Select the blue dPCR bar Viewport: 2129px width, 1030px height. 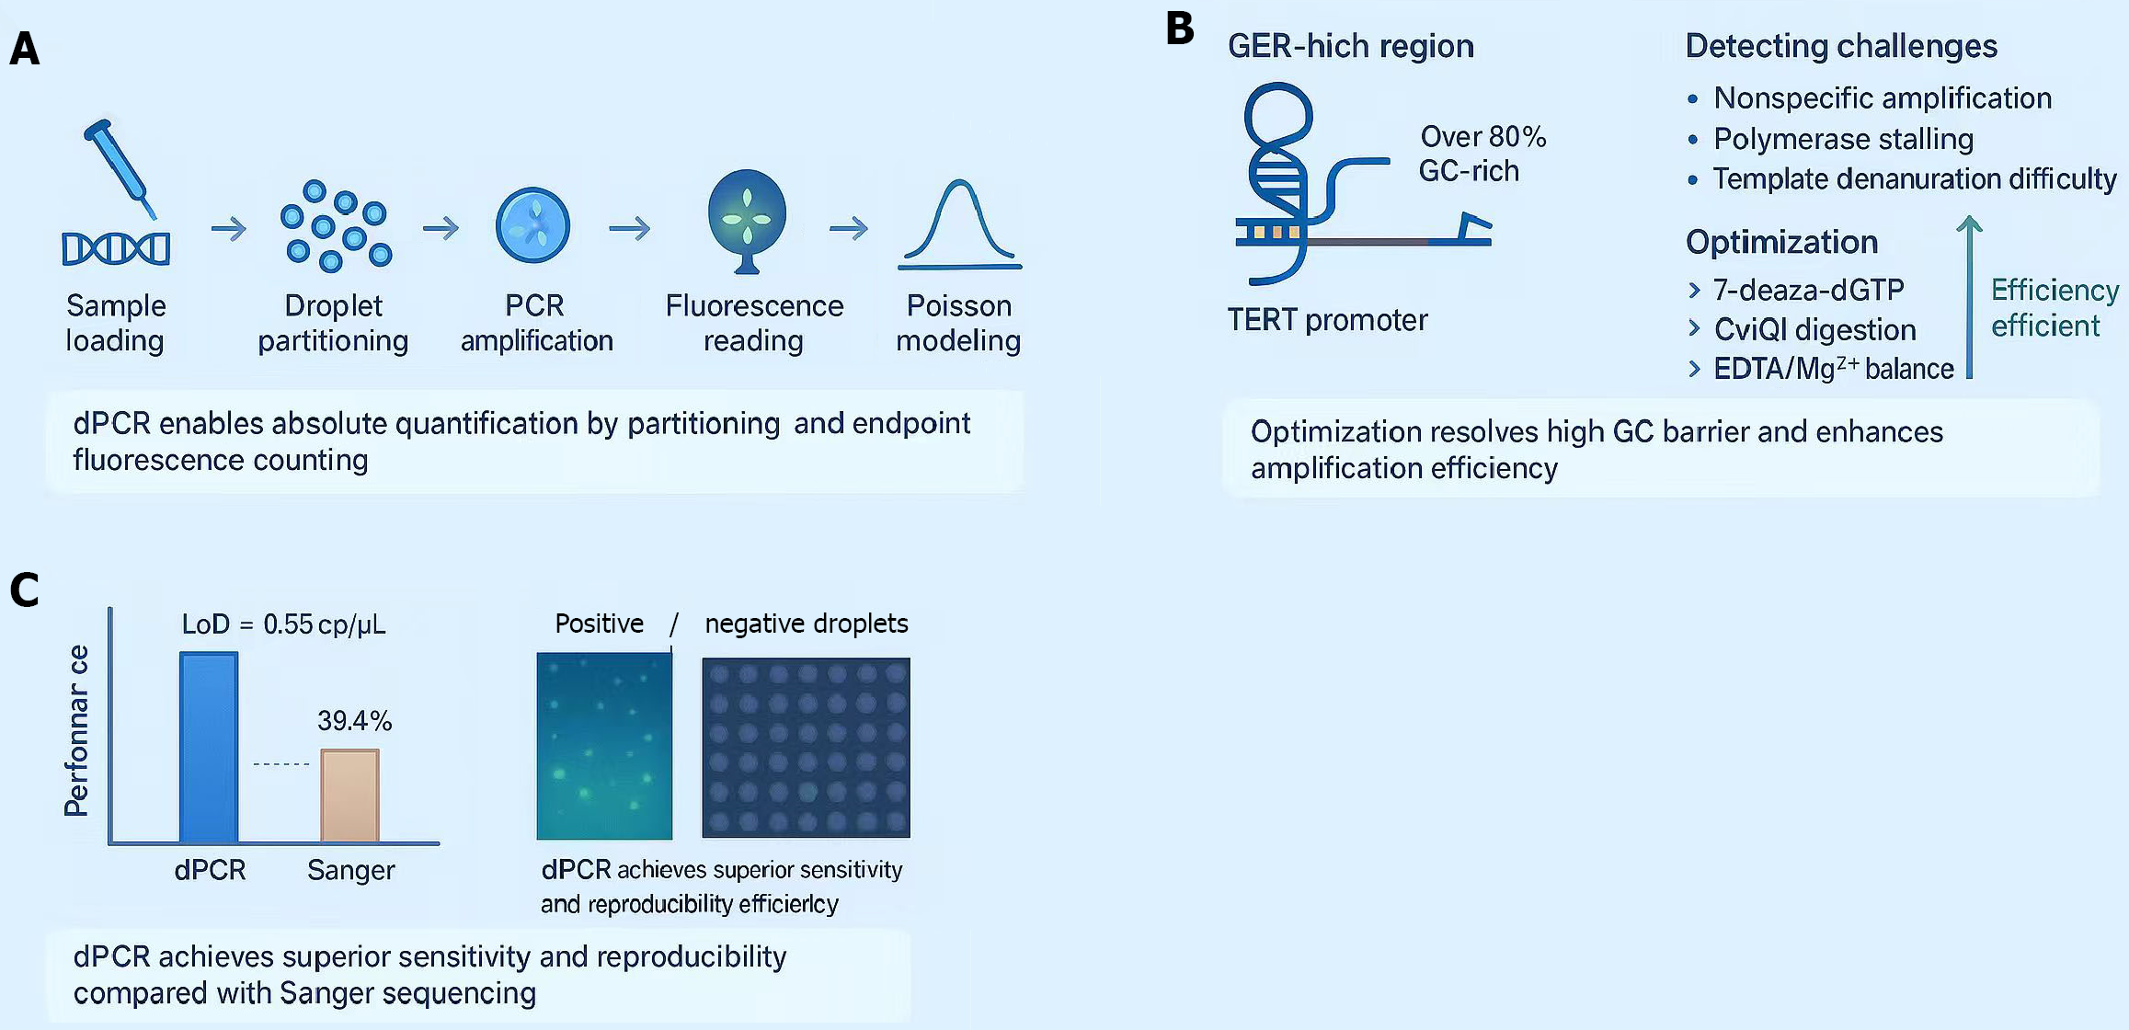pos(209,746)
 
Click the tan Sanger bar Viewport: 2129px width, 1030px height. pos(349,795)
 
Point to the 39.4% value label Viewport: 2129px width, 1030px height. pos(354,720)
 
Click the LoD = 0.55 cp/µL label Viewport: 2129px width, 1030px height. pos(283,624)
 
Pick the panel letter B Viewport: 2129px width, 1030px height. pos(1179,29)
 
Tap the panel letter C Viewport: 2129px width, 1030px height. pos(25,589)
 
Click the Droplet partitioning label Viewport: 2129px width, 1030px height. pos(333,323)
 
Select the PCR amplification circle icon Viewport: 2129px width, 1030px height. pos(533,225)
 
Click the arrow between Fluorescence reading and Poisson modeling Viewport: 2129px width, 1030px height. pos(848,227)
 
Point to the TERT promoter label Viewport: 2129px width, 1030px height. pos(1327,320)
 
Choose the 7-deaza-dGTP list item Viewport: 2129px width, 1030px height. pos(1808,290)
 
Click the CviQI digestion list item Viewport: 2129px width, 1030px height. pos(1814,329)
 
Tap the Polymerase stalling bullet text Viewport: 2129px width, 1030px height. pos(1843,139)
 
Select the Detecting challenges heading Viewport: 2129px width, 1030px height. pos(1841,46)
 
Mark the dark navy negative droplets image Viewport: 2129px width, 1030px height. pos(806,747)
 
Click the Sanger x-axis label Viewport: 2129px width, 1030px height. pos(351,870)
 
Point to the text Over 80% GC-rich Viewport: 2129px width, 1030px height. pos(1482,154)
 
